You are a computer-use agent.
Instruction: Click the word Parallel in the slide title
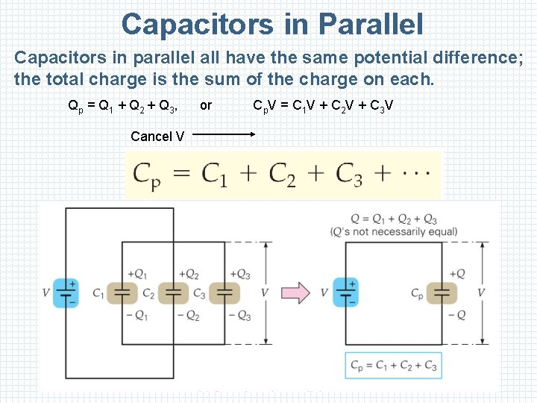coord(370,25)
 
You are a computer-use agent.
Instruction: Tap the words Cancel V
coord(157,136)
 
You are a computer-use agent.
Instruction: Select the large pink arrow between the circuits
coord(301,293)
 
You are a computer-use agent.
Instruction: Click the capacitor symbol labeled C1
coord(123,293)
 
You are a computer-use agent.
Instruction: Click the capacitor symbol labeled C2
coord(175,293)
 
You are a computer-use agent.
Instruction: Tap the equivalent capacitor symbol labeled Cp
coord(442,293)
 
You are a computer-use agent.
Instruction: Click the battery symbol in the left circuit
coord(68,293)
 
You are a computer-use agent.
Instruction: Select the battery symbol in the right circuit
coord(345,293)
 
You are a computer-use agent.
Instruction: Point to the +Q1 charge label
coord(137,274)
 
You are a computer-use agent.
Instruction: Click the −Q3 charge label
coord(239,315)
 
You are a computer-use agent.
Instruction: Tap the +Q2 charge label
coord(188,274)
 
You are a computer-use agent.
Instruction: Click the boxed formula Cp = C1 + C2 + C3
coord(393,366)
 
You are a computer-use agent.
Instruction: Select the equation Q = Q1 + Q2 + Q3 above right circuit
coord(394,219)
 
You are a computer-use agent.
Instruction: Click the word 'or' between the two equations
coord(206,105)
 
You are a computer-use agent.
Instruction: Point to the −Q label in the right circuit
coord(456,315)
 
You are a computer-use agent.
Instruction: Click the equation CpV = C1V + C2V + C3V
coord(323,105)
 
